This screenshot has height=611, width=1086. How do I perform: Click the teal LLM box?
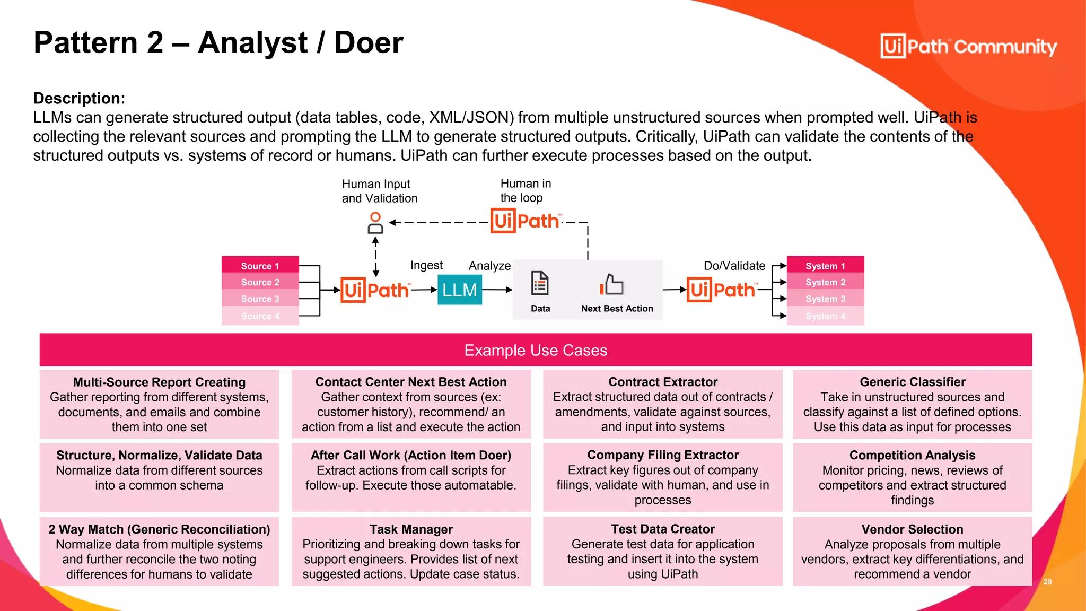point(459,290)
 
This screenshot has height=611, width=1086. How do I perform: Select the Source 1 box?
point(260,265)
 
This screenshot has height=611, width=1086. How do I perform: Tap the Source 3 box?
point(260,299)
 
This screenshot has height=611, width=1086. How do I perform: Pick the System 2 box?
point(825,282)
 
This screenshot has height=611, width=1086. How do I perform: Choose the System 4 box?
point(825,316)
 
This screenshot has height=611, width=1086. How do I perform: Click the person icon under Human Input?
point(375,223)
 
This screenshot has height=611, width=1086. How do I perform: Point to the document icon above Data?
point(540,283)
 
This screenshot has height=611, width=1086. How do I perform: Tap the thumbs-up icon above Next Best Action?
point(612,284)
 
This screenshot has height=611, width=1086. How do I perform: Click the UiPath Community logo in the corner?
point(968,46)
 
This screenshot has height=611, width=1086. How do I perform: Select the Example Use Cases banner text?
point(536,350)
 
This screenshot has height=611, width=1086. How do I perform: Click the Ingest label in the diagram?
point(426,265)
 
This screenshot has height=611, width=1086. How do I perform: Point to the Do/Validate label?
point(734,266)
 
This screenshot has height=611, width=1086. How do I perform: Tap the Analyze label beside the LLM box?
point(489,266)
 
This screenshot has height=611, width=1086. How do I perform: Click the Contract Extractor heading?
point(663,382)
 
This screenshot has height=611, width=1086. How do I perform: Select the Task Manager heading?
point(411,529)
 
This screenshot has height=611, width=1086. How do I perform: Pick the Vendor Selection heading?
point(912,529)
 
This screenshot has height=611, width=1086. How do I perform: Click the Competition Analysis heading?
point(912,455)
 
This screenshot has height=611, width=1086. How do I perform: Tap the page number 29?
point(1047,582)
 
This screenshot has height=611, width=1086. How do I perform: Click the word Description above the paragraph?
point(79,98)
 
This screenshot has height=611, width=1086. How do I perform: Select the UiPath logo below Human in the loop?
point(525,221)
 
